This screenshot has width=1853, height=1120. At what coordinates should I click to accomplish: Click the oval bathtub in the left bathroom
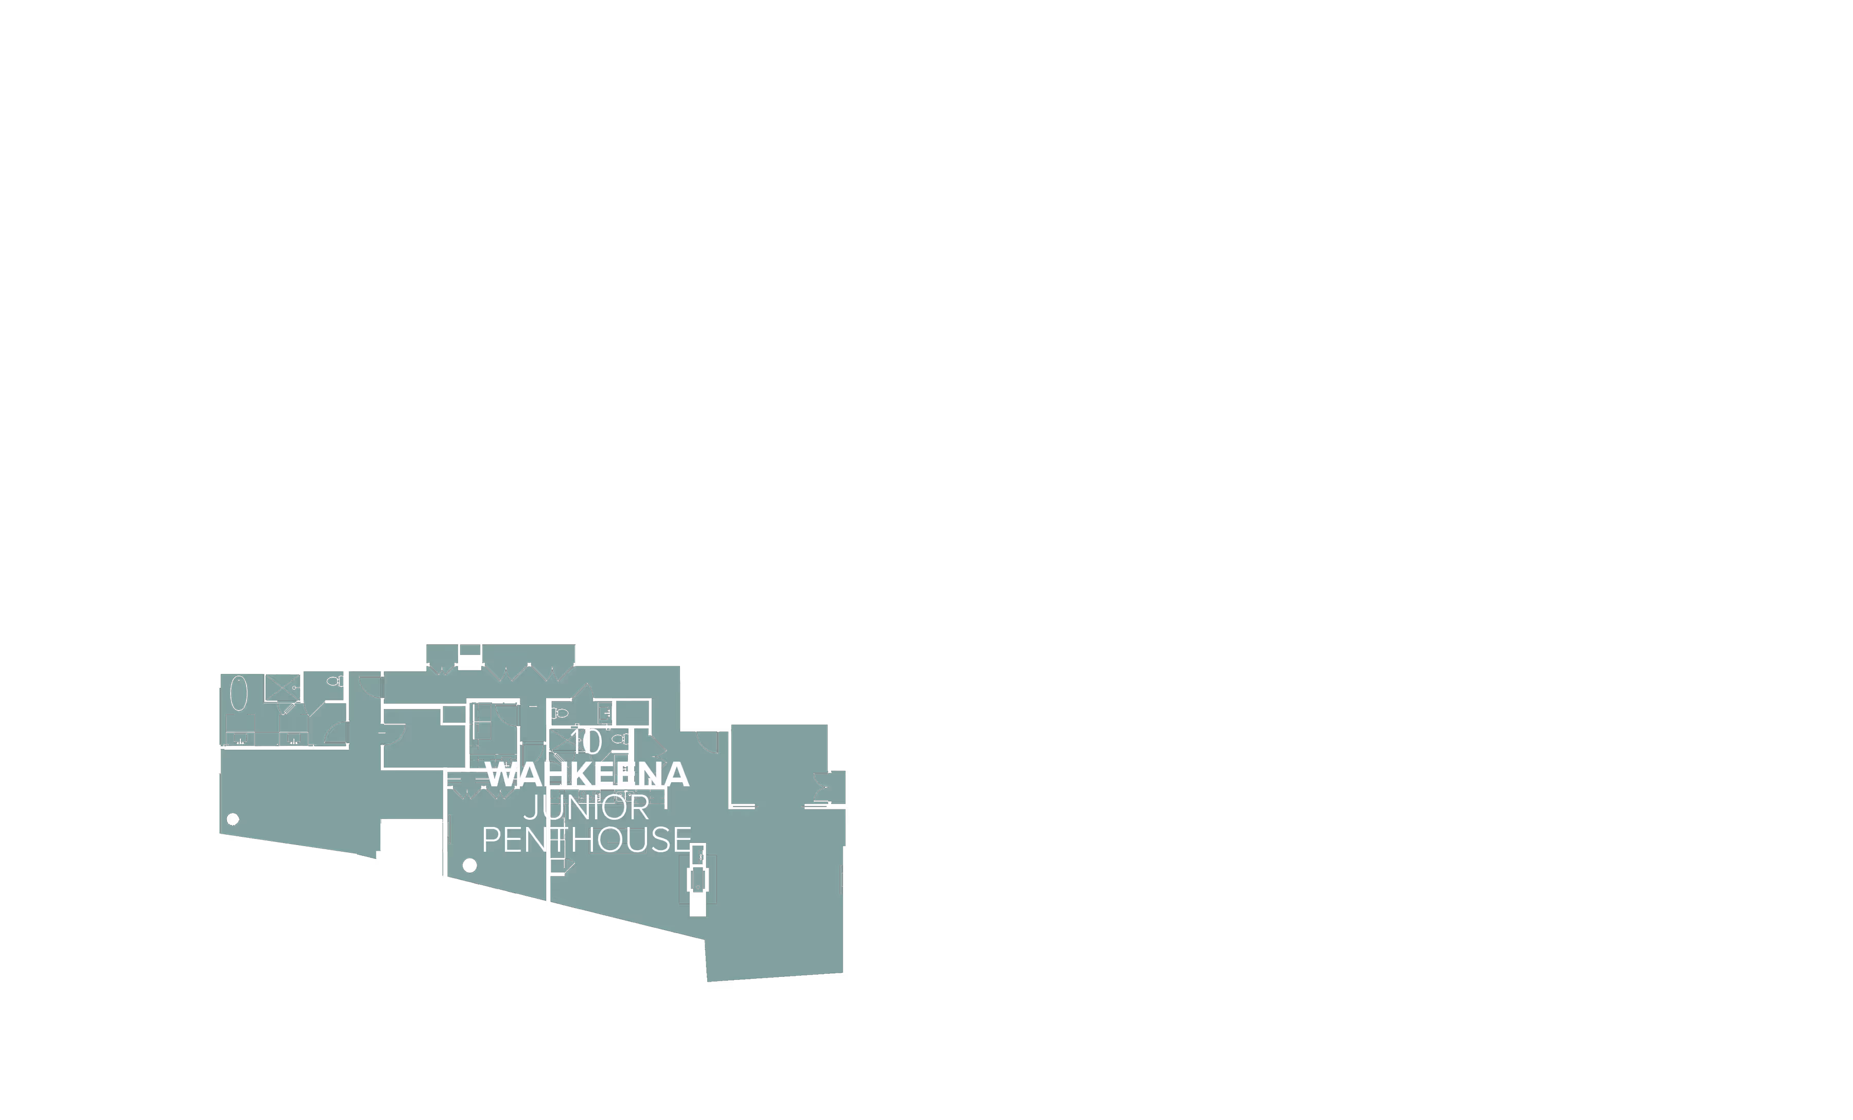pos(238,694)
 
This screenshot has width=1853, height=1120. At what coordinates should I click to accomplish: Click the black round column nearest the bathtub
pos(232,819)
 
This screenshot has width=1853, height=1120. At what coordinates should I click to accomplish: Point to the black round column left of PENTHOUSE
pos(469,865)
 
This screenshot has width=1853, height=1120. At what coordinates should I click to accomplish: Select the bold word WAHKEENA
pos(587,775)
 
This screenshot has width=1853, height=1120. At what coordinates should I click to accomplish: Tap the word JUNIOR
pos(587,808)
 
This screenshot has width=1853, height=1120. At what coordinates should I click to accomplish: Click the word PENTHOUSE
pos(587,839)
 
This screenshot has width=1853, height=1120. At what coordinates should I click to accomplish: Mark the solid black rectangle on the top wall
pos(469,662)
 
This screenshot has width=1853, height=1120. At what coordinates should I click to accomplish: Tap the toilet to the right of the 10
pos(619,739)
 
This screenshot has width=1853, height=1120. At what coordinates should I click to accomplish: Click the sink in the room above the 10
pos(604,711)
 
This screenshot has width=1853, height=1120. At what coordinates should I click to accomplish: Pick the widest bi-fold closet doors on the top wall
pos(528,671)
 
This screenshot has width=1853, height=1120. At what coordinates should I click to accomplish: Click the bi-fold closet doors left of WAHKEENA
pos(468,790)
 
